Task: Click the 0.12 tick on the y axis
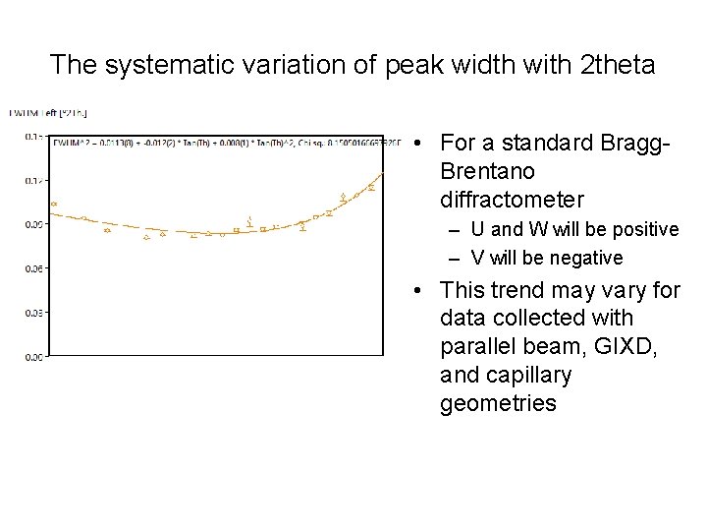pos(33,180)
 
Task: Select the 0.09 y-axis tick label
pos(33,224)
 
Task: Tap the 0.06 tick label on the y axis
pos(33,268)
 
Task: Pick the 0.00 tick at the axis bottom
pos(33,357)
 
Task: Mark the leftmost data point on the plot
pos(54,205)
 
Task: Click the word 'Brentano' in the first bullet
pos(488,172)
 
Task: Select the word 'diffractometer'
pos(512,201)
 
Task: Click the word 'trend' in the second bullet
pos(521,290)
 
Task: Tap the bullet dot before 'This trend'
pos(418,291)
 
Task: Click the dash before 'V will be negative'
pos(454,258)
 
